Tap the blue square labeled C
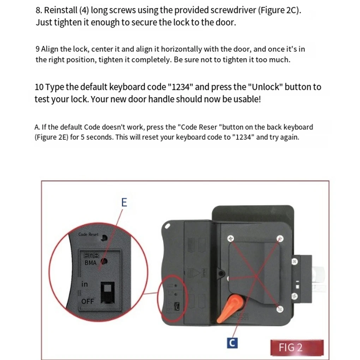tap(232, 342)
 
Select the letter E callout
tap(124, 203)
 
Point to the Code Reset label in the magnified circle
tap(88, 234)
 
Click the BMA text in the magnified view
tap(91, 263)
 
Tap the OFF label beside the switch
tap(88, 301)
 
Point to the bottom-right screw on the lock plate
tap(280, 309)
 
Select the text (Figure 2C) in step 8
tap(279, 10)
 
